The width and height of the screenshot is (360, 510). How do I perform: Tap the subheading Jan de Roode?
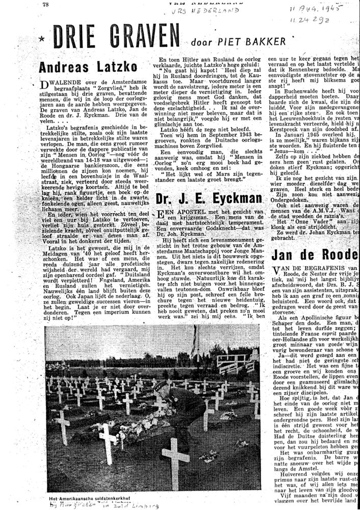pos(314,255)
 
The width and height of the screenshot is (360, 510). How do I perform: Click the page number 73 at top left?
pos(46,4)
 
